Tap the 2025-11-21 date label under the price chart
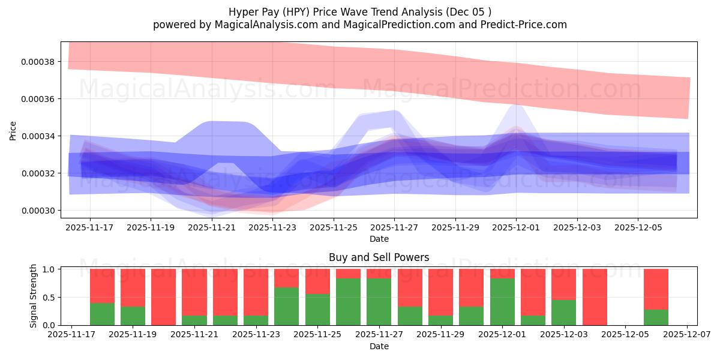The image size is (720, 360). (x=211, y=228)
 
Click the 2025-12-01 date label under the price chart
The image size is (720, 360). (x=516, y=228)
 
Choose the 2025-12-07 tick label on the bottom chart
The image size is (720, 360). (x=686, y=335)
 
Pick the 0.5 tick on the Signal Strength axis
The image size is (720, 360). (x=49, y=297)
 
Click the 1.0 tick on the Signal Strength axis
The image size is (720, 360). (x=49, y=269)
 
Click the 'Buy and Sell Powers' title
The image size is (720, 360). (x=379, y=257)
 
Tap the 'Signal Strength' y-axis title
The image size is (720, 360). (x=34, y=296)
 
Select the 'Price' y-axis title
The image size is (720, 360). (x=13, y=130)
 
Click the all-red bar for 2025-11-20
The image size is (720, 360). (x=163, y=297)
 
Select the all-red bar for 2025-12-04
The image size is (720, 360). (x=595, y=297)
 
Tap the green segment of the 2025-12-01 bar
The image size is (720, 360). (x=502, y=302)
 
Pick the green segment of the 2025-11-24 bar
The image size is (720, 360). (x=286, y=307)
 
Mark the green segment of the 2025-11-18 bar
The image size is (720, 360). (x=102, y=314)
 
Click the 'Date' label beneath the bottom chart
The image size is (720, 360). (x=379, y=346)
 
